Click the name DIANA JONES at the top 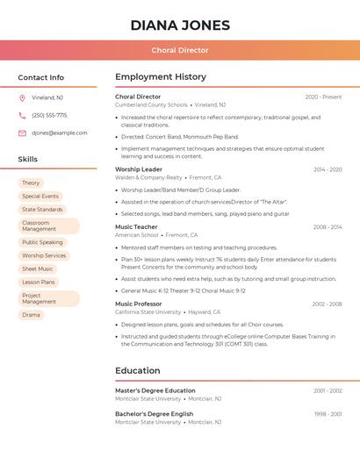(180, 25)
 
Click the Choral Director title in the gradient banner (180, 50)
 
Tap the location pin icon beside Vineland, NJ (22, 97)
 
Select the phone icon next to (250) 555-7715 (22, 115)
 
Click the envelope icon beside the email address (22, 133)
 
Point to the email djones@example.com (60, 133)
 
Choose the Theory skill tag (32, 182)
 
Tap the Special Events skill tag (40, 196)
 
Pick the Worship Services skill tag (44, 255)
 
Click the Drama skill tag (32, 315)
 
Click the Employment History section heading (161, 77)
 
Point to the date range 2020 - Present (323, 97)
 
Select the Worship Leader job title (139, 169)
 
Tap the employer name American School (137, 235)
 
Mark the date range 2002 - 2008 (327, 304)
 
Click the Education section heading (138, 371)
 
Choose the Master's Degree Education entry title (155, 390)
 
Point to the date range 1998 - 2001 (328, 414)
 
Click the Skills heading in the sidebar (28, 160)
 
